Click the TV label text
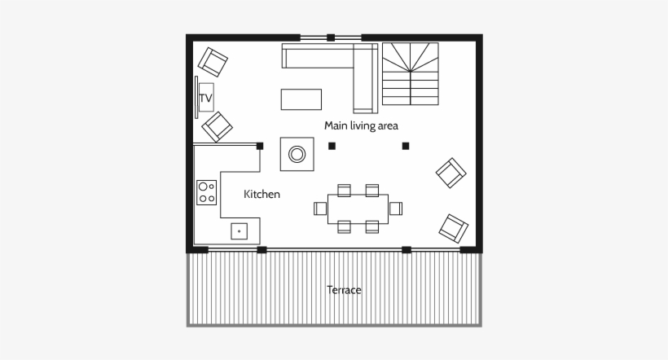[x=205, y=99]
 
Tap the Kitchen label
[x=261, y=195]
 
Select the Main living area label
[x=361, y=125]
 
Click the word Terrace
[x=344, y=290]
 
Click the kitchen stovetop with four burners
[x=207, y=192]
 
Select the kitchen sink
[x=240, y=231]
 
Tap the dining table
[x=358, y=209]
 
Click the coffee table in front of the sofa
[x=301, y=99]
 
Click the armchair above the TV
[x=213, y=61]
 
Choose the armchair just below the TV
[x=218, y=126]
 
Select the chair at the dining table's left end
[x=320, y=209]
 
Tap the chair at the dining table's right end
[x=396, y=209]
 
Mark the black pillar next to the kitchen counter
[x=260, y=147]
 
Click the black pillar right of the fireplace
[x=332, y=147]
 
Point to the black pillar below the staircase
[x=406, y=147]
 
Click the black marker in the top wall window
[x=331, y=37]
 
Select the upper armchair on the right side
[x=451, y=173]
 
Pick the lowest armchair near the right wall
[x=454, y=227]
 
